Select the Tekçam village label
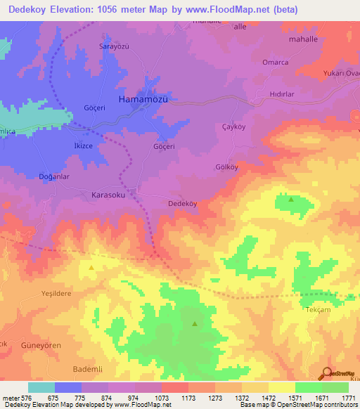tap(316, 310)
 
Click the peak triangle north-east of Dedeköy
tap(291, 200)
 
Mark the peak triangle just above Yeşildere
tap(91, 267)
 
